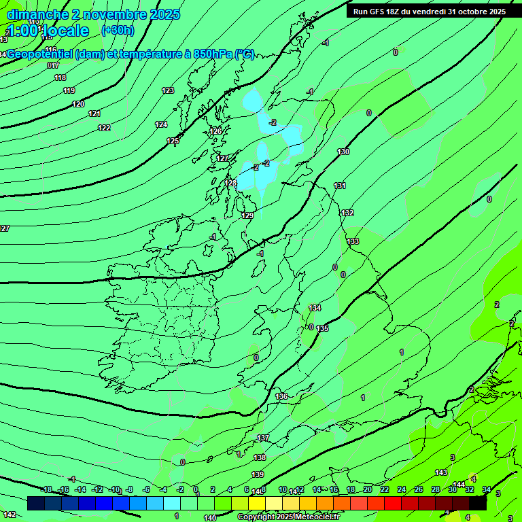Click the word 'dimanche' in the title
tap(37, 14)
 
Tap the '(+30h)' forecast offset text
tap(118, 31)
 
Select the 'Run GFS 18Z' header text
tap(381, 12)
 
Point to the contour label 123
tap(168, 90)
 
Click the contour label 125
tap(173, 141)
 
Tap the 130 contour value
tap(343, 152)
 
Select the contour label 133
tap(353, 241)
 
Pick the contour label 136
tap(282, 396)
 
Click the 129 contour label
tap(247, 215)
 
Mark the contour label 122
tap(104, 128)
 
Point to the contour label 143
tap(441, 472)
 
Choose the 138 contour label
tap(260, 457)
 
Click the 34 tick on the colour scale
tap(486, 489)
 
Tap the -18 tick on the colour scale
tap(47, 489)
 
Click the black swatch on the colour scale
tap(478, 503)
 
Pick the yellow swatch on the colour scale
tap(256, 503)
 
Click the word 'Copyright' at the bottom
tap(258, 517)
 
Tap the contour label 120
tap(78, 104)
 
